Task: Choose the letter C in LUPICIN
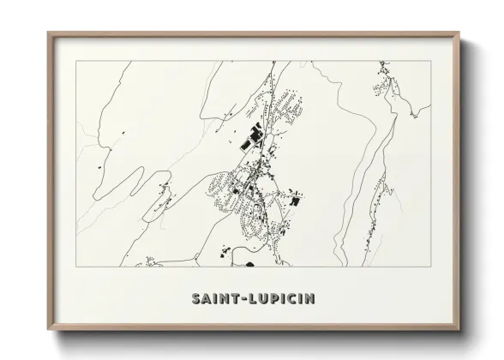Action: (293, 299)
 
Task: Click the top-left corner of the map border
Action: (75, 61)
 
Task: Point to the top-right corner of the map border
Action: (430, 61)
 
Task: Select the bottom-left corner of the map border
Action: (75, 266)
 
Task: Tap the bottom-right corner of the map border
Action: (430, 266)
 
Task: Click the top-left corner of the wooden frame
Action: (47, 32)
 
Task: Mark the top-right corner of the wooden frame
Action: (460, 32)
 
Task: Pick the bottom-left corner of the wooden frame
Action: (47, 333)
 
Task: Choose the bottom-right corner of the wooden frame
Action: (460, 333)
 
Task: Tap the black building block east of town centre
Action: (297, 199)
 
